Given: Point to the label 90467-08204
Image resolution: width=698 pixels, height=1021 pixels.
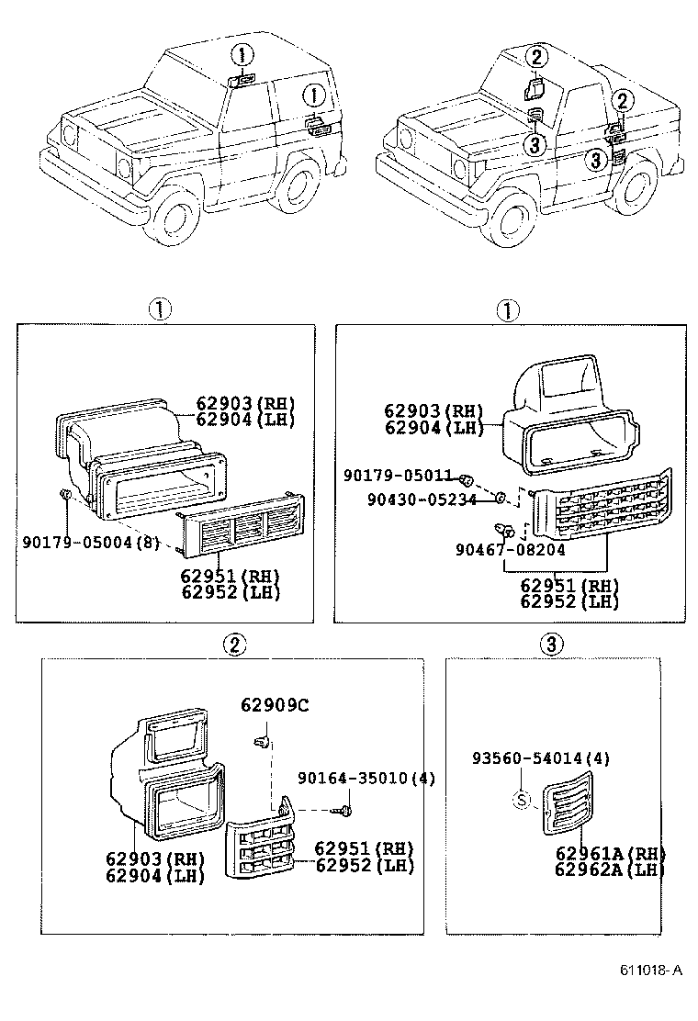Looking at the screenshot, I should tap(510, 550).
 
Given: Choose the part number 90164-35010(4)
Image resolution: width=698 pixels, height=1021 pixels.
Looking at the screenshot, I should tap(366, 779).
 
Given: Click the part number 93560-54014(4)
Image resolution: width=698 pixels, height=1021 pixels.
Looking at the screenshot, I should tap(541, 758).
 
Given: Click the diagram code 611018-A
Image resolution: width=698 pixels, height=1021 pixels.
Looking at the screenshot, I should tap(651, 970).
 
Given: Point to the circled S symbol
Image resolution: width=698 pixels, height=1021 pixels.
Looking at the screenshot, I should tap(521, 800).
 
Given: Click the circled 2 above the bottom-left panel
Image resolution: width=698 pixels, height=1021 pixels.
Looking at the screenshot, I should tap(234, 645).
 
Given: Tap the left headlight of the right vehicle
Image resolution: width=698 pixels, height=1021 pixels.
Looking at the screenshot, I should tap(404, 140).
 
